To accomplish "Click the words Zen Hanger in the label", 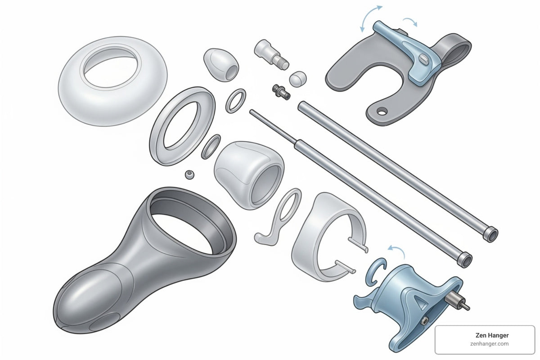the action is (x=492, y=335).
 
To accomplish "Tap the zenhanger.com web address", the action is (x=490, y=344).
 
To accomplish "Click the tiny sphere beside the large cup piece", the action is (x=190, y=175).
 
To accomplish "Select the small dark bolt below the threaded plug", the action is (x=281, y=92).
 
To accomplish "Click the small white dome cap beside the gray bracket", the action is (x=298, y=79).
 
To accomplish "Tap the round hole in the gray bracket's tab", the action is (x=382, y=112).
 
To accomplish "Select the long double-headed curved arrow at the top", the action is (x=369, y=15).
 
